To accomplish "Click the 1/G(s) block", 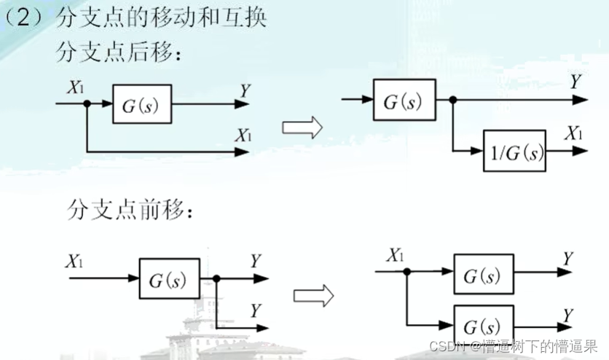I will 514,152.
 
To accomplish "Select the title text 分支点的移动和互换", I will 161,19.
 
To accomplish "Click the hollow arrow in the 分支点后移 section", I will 302,128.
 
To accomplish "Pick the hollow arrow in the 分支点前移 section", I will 313,295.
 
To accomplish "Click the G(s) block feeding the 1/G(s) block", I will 404,101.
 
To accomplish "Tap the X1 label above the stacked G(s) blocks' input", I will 396,255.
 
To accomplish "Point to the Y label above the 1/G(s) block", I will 575,82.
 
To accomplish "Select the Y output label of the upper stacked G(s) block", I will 567,259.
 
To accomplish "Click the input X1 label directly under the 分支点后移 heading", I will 76,87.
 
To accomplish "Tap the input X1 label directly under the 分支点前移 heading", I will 76,260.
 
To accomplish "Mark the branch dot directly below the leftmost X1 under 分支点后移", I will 87,103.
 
